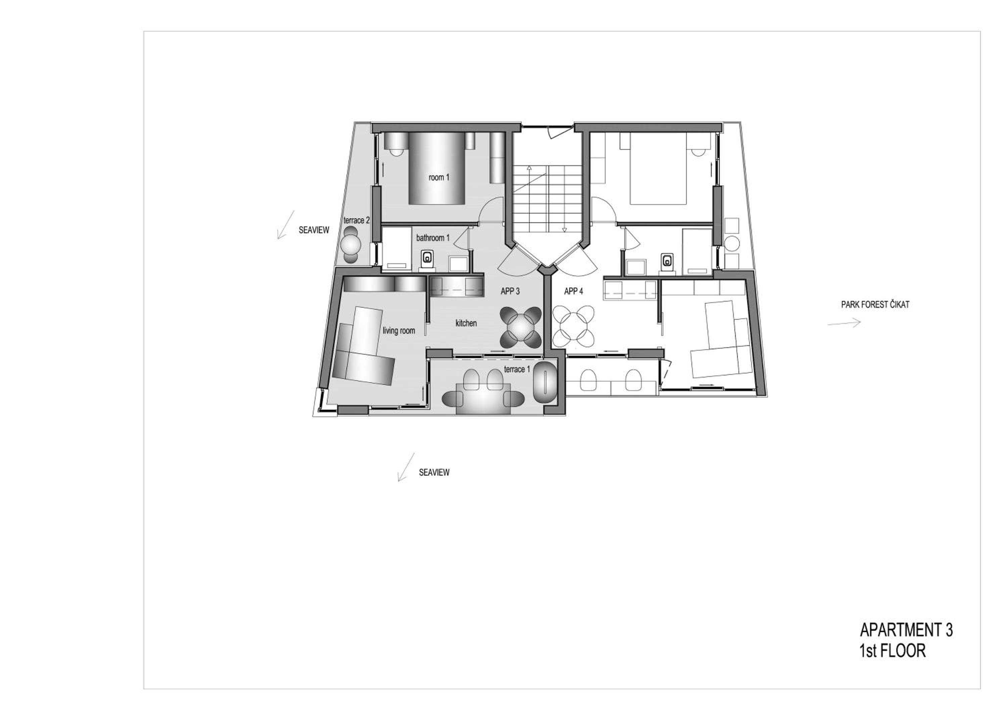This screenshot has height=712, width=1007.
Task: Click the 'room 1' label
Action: tap(439, 178)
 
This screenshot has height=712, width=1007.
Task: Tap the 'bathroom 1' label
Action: tap(433, 238)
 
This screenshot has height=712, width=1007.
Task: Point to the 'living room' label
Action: tap(399, 330)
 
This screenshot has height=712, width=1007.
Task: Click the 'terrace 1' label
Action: tap(517, 369)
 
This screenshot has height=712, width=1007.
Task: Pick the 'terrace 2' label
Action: tap(356, 220)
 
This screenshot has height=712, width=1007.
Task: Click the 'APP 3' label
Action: tap(510, 291)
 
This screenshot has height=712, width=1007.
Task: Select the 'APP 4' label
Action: tap(574, 291)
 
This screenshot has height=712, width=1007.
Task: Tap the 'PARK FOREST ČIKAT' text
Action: tap(875, 305)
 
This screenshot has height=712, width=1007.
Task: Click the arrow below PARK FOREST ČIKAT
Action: tap(844, 323)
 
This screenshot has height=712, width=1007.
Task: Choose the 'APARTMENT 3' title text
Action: tap(906, 630)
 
